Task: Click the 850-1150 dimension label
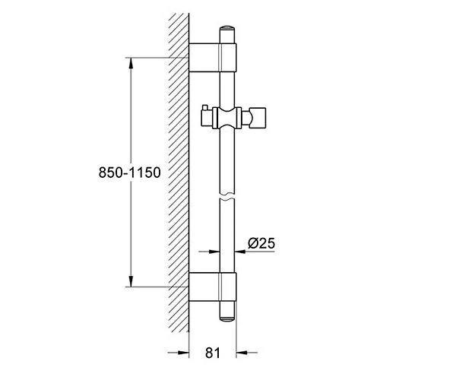[130, 173]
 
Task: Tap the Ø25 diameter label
[261, 243]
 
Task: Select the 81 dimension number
[213, 353]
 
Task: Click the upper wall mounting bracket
[213, 58]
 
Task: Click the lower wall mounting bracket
[213, 287]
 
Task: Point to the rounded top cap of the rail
[227, 28]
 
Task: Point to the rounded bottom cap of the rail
[227, 318]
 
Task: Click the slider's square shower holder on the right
[258, 118]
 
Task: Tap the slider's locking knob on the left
[207, 118]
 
